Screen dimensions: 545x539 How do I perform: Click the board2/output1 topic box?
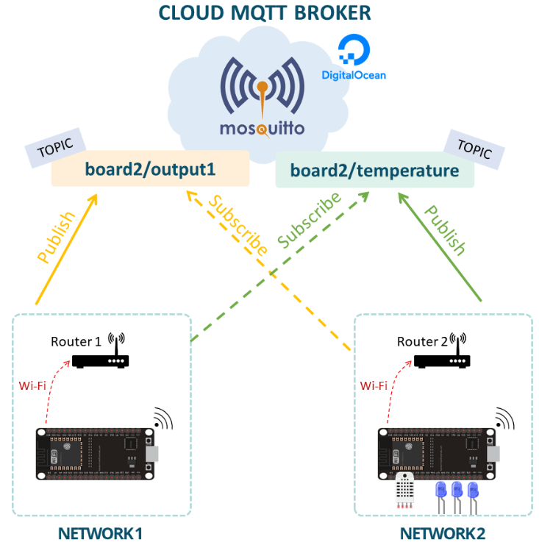pyautogui.click(x=150, y=169)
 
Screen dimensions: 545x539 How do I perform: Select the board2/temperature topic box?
pyautogui.click(x=374, y=171)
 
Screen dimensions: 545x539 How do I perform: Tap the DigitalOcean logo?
pyautogui.click(x=354, y=60)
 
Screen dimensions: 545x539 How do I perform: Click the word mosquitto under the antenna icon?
pyautogui.click(x=262, y=129)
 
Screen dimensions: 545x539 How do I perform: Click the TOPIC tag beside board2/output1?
pyautogui.click(x=55, y=146)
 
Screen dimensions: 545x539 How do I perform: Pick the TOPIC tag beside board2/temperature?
pyautogui.click(x=474, y=148)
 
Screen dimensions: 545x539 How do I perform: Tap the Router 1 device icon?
pyautogui.click(x=101, y=360)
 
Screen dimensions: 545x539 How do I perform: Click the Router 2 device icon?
pyautogui.click(x=442, y=360)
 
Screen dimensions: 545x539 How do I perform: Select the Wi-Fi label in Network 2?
pyautogui.click(x=374, y=385)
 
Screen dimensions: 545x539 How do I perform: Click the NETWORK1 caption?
pyautogui.click(x=100, y=532)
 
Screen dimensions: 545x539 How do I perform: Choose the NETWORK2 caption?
pyautogui.click(x=443, y=532)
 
